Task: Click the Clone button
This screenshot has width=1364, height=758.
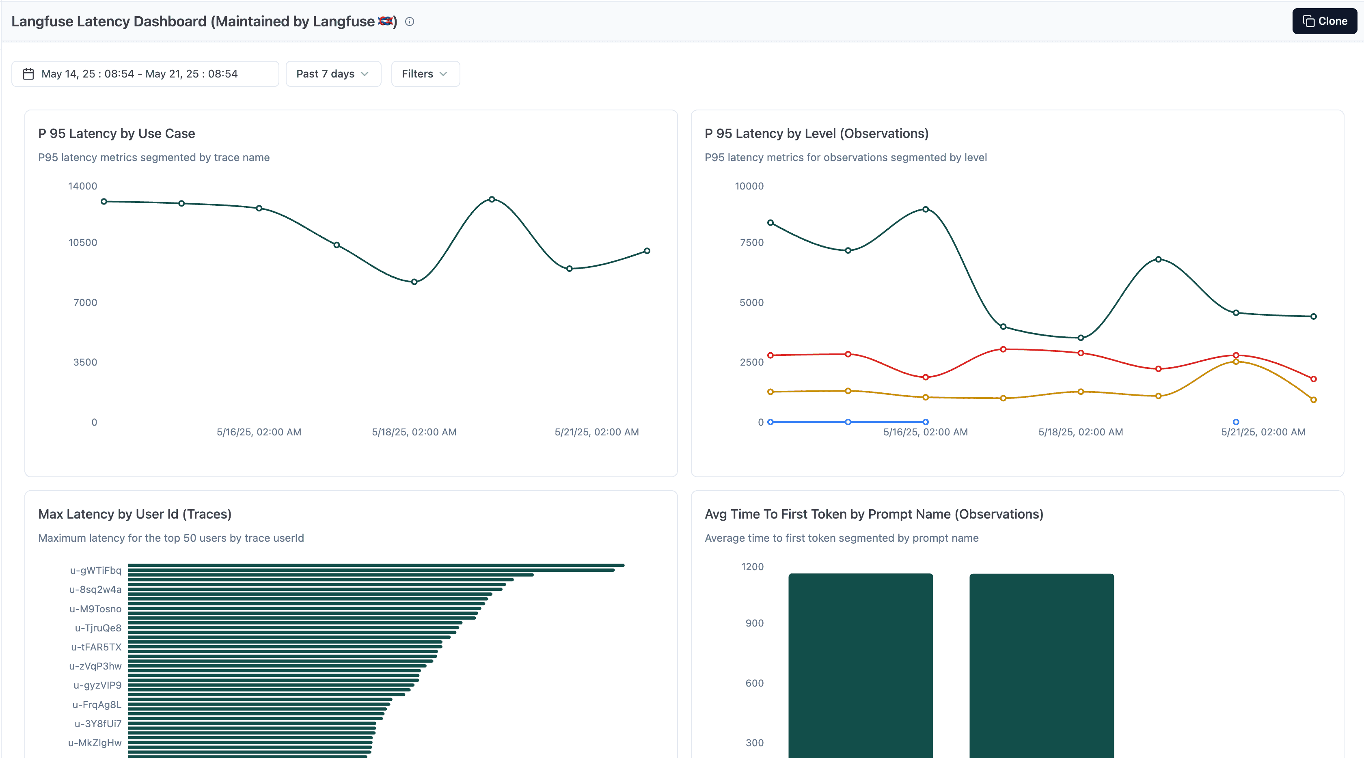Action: (x=1324, y=21)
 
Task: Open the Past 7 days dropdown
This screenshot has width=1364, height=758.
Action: (x=332, y=73)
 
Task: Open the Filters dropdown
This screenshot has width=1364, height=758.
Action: (x=425, y=73)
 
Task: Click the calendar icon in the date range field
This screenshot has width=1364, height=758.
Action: (x=28, y=73)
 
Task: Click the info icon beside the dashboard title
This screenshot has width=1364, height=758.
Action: (x=409, y=22)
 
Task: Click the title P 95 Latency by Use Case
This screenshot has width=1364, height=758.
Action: (x=117, y=134)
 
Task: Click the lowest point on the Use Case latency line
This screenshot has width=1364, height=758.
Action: (x=414, y=282)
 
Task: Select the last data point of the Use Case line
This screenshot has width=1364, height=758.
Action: (x=647, y=251)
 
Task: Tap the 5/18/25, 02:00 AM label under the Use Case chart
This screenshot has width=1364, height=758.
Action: (x=414, y=432)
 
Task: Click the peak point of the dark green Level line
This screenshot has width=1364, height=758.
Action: (x=925, y=209)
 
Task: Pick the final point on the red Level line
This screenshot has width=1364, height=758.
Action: (x=1313, y=379)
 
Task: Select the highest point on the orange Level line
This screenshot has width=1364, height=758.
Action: (x=1236, y=362)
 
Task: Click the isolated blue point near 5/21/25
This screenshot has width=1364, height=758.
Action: (x=1236, y=422)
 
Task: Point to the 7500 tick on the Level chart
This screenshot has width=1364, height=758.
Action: (x=751, y=242)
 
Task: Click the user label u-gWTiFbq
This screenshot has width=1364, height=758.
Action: (x=95, y=570)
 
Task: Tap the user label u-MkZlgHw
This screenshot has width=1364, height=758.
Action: (x=95, y=743)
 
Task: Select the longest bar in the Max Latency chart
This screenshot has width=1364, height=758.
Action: (x=376, y=565)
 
